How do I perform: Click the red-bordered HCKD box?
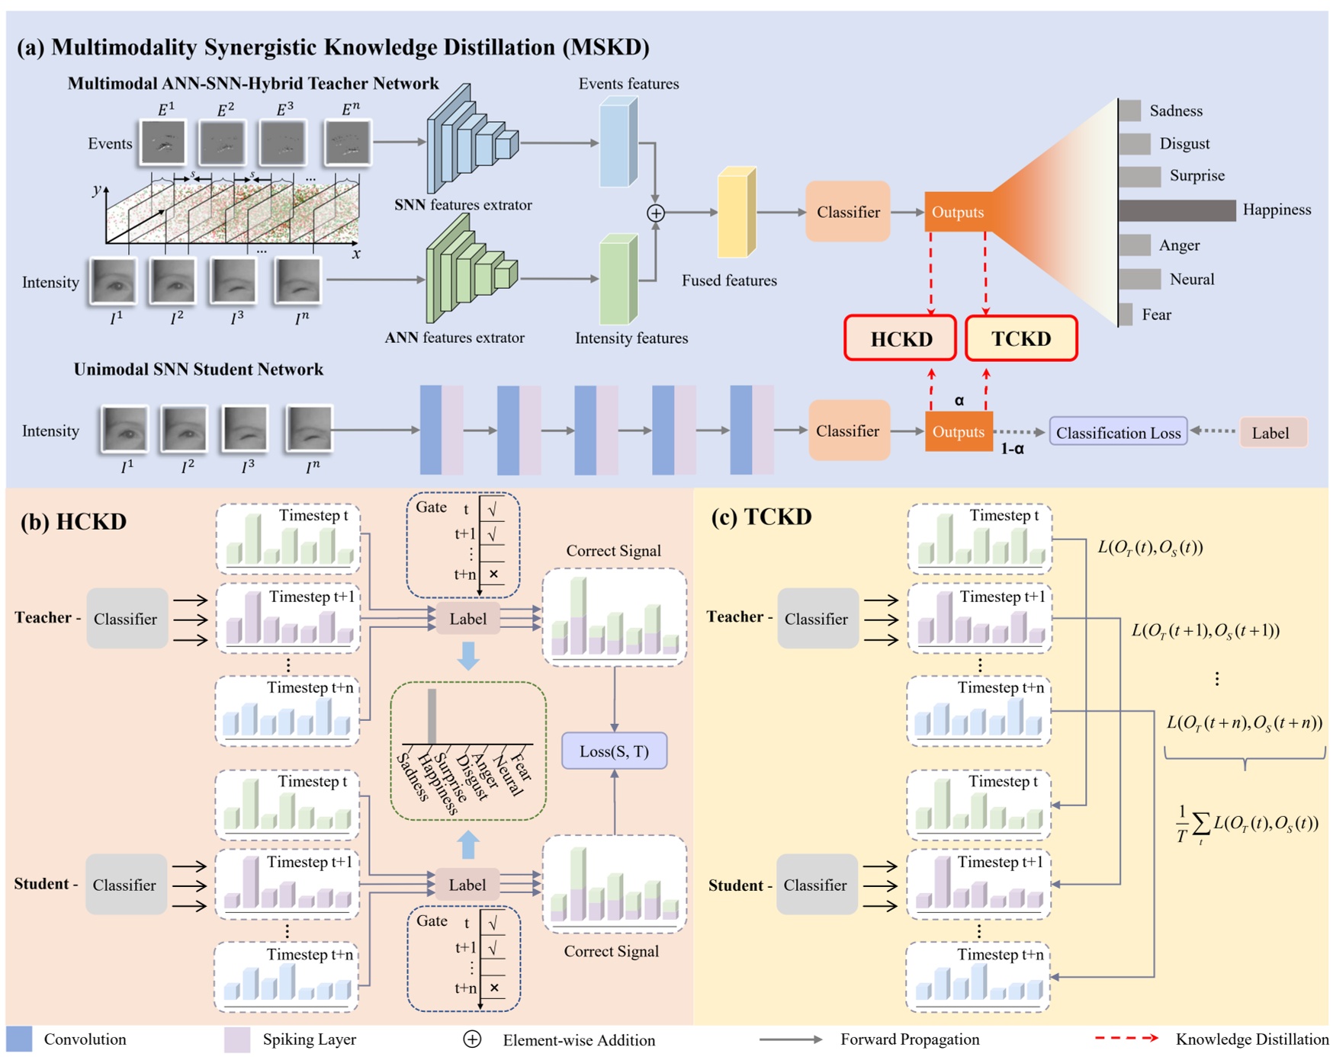(900, 338)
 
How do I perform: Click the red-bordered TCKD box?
(1020, 338)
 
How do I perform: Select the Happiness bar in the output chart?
(1177, 210)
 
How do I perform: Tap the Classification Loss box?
(1118, 432)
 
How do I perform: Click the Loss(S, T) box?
(614, 751)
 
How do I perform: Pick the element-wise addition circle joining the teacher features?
(655, 213)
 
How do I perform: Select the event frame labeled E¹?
(162, 143)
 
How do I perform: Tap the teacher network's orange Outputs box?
(958, 212)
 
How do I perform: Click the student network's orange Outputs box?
(959, 431)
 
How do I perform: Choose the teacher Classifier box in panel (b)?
(127, 618)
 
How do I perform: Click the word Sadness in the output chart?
(1176, 111)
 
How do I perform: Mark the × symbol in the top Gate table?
(493, 574)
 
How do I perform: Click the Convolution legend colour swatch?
(19, 1039)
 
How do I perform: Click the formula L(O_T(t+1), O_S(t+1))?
(1205, 630)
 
